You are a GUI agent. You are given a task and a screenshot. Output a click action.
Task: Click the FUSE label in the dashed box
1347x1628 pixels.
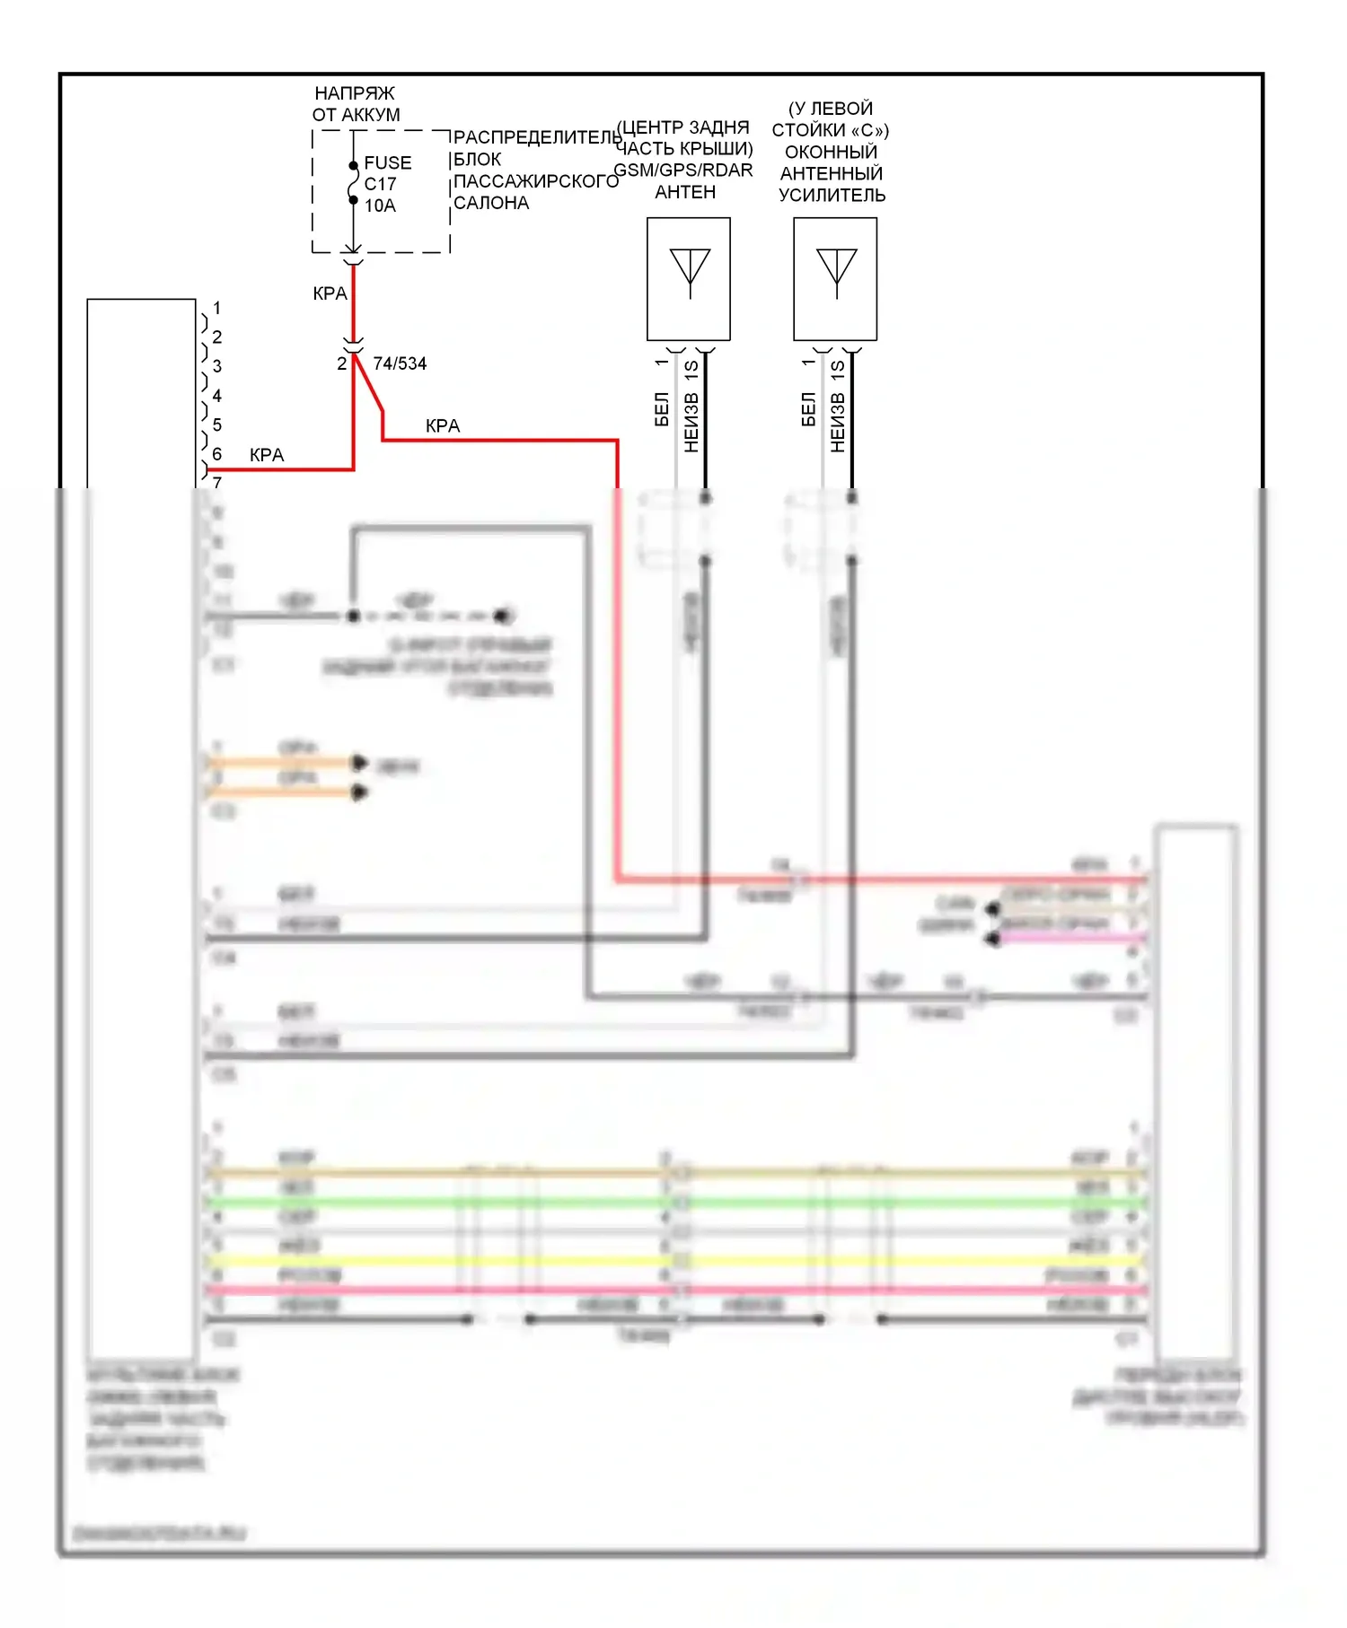387,162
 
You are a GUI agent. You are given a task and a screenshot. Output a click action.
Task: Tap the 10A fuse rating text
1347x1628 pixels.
380,206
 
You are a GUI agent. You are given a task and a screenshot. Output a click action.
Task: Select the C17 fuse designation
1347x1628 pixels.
380,184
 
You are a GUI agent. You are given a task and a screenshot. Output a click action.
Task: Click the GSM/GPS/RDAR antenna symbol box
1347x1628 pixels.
689,278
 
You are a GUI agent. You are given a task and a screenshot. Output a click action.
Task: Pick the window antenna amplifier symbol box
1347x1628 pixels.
835,278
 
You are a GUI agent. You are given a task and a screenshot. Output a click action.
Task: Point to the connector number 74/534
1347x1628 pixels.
400,363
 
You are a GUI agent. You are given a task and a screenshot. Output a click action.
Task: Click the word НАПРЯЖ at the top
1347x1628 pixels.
354,93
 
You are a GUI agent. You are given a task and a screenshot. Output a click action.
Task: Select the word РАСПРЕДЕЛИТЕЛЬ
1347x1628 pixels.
536,137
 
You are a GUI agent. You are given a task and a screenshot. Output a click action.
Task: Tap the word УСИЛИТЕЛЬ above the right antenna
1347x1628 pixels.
832,195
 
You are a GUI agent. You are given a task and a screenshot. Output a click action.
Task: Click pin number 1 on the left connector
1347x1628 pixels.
216,308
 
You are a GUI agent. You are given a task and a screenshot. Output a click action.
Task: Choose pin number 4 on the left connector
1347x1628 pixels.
216,396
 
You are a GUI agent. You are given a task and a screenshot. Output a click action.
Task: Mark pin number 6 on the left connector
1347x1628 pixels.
216,454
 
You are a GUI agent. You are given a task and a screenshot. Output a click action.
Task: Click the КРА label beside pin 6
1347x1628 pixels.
267,455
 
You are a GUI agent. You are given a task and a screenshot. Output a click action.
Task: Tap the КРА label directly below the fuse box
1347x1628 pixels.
330,293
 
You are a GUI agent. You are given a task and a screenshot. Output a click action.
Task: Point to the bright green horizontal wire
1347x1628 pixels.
673,1202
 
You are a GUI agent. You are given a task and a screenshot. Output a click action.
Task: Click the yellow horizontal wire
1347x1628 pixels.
673,1261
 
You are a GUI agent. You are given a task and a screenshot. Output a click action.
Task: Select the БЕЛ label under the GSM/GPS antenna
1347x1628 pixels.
662,408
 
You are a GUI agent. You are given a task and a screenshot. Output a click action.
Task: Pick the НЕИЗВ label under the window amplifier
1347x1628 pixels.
837,422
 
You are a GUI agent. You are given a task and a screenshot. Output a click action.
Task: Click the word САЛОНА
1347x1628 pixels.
491,203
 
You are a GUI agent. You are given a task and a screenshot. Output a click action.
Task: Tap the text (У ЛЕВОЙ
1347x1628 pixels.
831,109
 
